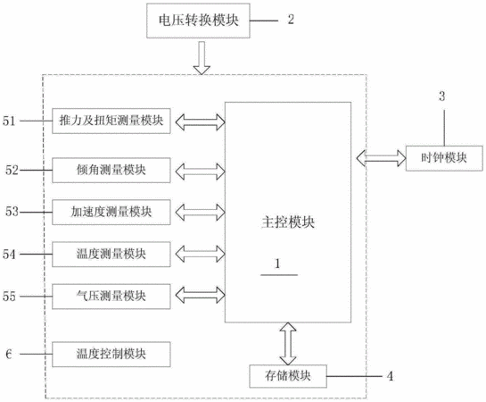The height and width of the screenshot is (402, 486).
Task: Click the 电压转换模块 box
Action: [198, 21]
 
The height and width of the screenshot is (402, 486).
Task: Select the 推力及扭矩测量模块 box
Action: [111, 121]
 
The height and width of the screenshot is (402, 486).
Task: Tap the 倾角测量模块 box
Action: [111, 170]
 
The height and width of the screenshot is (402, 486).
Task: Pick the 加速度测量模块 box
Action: [111, 213]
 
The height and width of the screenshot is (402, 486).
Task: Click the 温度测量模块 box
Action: [111, 255]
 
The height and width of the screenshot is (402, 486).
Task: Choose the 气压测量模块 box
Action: [111, 297]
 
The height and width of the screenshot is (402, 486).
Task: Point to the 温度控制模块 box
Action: [111, 354]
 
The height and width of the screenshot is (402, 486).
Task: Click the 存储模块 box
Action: [288, 376]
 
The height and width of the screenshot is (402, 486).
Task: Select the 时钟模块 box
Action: [444, 158]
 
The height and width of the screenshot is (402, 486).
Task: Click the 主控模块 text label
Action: [288, 222]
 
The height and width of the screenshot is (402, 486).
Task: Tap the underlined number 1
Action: [277, 264]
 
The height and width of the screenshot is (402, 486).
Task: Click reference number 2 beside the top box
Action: [291, 20]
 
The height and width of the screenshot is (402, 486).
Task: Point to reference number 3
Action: [442, 96]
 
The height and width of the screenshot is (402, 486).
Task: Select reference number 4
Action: [390, 376]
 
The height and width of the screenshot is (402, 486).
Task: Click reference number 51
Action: [9, 121]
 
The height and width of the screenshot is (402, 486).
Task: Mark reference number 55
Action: [9, 297]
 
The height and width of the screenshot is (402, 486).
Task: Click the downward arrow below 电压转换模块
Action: [202, 58]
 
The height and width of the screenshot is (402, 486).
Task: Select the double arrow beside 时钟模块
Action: [382, 158]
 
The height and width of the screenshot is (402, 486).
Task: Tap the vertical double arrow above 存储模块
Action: [288, 344]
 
